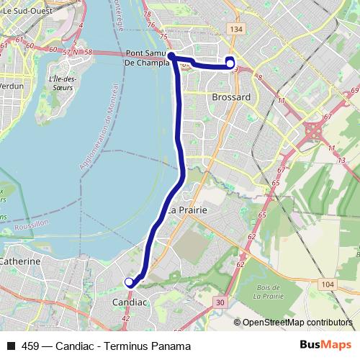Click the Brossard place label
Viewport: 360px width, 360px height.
[232, 96]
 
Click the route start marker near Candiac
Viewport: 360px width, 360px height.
[129, 282]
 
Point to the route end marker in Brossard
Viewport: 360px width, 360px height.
[230, 63]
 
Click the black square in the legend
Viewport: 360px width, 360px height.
[10, 346]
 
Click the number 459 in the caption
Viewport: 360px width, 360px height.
[31, 346]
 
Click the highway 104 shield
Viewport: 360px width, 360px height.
[329, 285]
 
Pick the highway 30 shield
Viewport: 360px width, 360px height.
[219, 302]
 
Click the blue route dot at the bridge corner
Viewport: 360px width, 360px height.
[172, 54]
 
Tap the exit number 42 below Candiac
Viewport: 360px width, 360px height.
[126, 318]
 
